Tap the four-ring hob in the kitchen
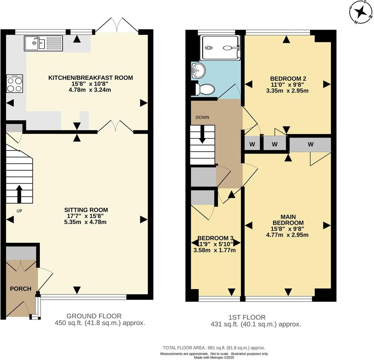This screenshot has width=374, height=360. pos(14,84)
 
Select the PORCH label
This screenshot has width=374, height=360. pos(20,288)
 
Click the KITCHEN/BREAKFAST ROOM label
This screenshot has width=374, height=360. pos(91,77)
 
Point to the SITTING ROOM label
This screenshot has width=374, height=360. pos(86,210)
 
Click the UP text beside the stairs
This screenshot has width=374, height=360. pos(19,211)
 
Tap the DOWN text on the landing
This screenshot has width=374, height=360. pos(202,117)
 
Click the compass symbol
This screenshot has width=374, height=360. pos(360,12)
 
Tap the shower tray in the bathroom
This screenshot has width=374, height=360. pos(219,48)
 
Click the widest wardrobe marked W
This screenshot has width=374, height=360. pos(310,144)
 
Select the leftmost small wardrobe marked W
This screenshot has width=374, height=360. pos(252,145)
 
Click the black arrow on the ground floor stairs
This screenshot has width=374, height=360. pos(19,194)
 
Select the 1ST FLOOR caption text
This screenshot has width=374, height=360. pos(247,317)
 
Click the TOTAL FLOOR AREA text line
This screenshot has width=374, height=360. pos(214,348)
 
